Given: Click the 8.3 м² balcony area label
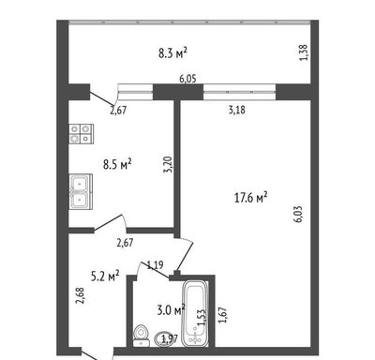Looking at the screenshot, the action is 172,52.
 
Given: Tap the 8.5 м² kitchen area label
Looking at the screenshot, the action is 117,164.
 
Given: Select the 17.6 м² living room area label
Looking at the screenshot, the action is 251,197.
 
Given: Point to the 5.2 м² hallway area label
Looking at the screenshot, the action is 105,276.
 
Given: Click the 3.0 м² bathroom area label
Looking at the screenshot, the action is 172,310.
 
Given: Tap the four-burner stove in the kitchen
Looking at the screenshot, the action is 82,134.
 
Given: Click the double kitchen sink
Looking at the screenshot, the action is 81,191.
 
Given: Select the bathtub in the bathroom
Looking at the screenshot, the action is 195,313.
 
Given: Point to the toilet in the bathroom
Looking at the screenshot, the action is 142,336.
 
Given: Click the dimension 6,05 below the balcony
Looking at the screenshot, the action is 187,79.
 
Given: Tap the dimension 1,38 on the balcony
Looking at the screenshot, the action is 304,52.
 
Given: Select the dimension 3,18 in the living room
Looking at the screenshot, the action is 237,110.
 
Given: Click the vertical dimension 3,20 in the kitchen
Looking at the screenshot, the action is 169,164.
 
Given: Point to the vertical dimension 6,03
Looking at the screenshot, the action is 298,214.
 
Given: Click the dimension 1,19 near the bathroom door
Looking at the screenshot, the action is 155,265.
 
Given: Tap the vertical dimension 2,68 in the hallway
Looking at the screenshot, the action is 80,295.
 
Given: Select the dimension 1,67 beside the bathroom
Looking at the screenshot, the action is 222,315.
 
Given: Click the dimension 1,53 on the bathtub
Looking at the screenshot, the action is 202,318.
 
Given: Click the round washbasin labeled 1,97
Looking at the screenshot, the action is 164,339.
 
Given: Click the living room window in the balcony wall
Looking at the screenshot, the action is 240,92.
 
